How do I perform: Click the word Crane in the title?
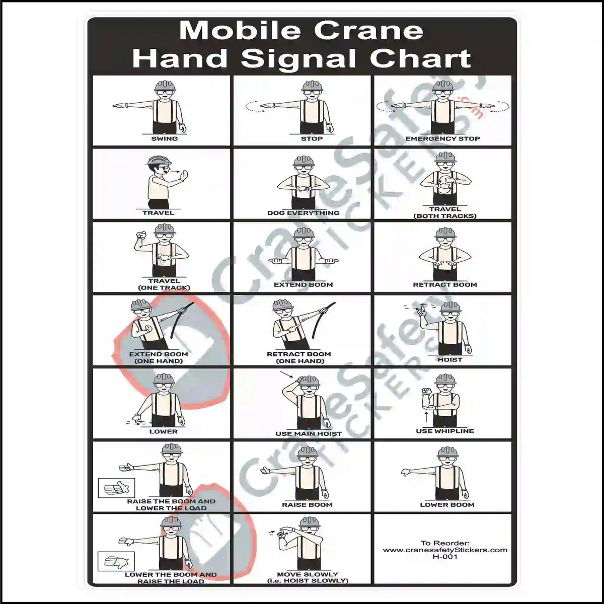coord(369,31)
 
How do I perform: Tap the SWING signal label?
coord(164,139)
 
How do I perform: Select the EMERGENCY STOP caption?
coord(442,139)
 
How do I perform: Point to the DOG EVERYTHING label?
coord(303,213)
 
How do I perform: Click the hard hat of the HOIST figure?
coord(450,307)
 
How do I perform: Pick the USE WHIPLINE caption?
coord(444,431)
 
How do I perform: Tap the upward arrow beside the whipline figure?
coord(426,416)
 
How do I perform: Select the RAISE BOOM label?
coord(307,505)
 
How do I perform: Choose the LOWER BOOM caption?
coord(447,505)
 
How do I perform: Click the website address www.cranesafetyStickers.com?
coord(445,550)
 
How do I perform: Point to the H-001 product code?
coord(445,557)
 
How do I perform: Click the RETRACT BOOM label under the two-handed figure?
coord(444,285)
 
